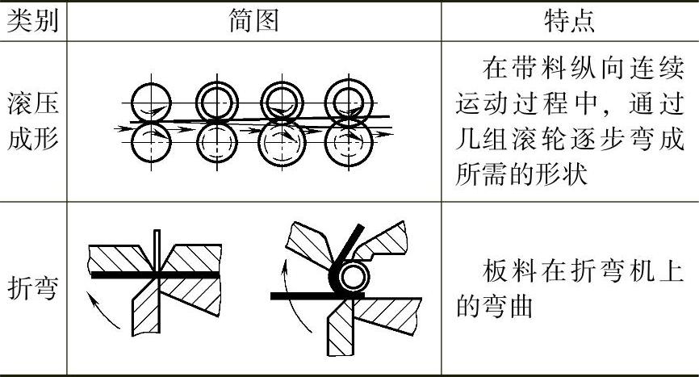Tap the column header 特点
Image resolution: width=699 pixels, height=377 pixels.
[571, 21]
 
